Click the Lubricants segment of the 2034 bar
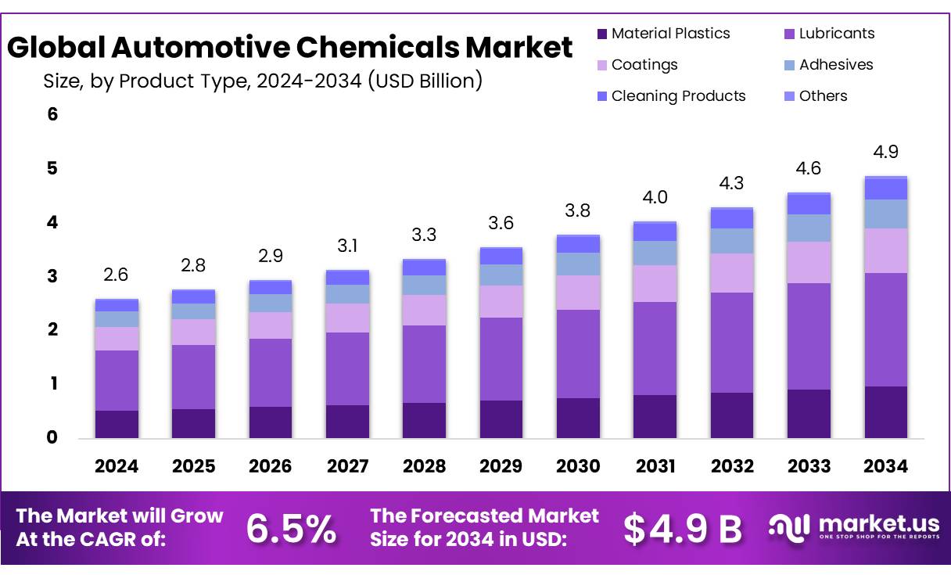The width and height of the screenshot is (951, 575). [x=885, y=329]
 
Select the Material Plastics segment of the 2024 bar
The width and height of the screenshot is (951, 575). [x=117, y=423]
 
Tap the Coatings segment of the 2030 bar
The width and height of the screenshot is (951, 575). [x=577, y=292]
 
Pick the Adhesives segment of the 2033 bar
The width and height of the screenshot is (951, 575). [x=809, y=228]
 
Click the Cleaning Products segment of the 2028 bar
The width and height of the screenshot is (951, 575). [x=425, y=267]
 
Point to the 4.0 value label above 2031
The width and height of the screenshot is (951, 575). [x=655, y=197]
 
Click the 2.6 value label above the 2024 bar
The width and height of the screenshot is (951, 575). [x=116, y=275]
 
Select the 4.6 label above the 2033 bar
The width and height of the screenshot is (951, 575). [x=809, y=167]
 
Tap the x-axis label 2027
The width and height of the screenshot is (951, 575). [x=347, y=466]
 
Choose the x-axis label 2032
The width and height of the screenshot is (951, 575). [x=732, y=466]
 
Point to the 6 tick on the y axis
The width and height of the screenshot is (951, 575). [x=52, y=114]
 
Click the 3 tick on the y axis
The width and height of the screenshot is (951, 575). [x=52, y=276]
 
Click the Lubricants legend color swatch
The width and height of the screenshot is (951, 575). [x=789, y=34]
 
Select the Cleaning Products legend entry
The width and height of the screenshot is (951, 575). [x=678, y=96]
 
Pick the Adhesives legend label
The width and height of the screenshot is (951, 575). [x=836, y=65]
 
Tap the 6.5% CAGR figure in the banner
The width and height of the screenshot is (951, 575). [x=291, y=528]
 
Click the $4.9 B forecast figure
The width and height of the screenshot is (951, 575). [x=682, y=529]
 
